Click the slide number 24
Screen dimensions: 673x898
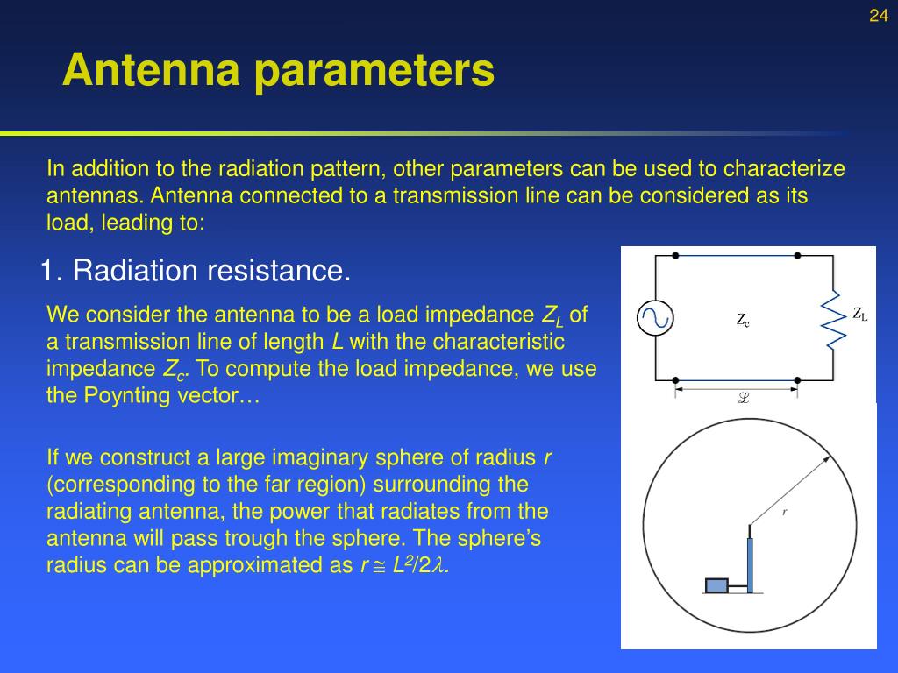[x=879, y=16]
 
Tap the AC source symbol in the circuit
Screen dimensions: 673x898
[x=654, y=318]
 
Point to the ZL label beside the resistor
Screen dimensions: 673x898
[x=859, y=315]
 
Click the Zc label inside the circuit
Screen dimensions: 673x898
[x=743, y=320]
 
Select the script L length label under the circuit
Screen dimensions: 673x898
[x=744, y=397]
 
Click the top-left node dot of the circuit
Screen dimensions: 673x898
[x=675, y=256]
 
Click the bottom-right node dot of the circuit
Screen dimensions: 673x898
[x=797, y=380]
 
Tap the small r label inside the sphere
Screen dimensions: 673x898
[x=784, y=511]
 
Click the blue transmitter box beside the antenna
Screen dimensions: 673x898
[x=717, y=585]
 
